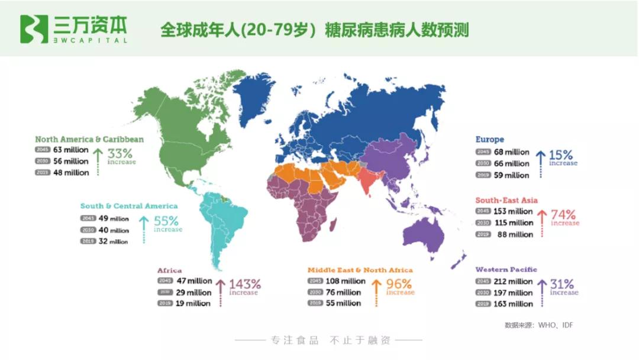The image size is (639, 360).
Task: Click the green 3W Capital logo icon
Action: click(x=34, y=29)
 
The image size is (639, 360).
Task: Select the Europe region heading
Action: click(x=489, y=140)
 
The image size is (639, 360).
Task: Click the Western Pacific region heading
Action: click(x=506, y=269)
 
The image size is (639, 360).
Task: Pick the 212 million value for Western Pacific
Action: click(x=512, y=281)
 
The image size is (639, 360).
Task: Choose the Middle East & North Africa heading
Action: click(x=360, y=270)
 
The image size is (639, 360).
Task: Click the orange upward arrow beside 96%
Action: click(x=375, y=290)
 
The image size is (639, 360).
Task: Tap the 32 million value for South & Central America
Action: click(x=113, y=242)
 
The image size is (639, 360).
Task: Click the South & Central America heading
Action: click(x=129, y=206)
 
